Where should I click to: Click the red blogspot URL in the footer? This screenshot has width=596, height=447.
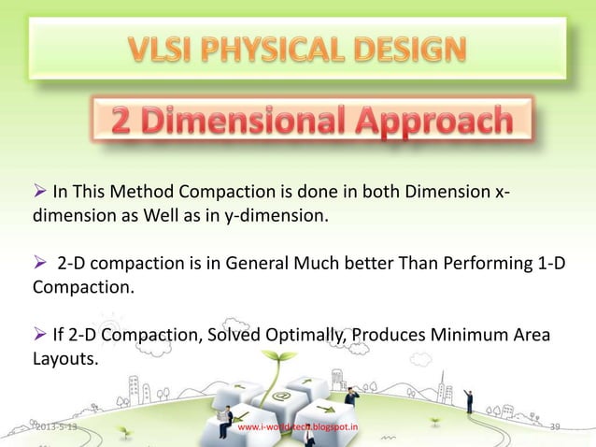pos(298,428)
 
